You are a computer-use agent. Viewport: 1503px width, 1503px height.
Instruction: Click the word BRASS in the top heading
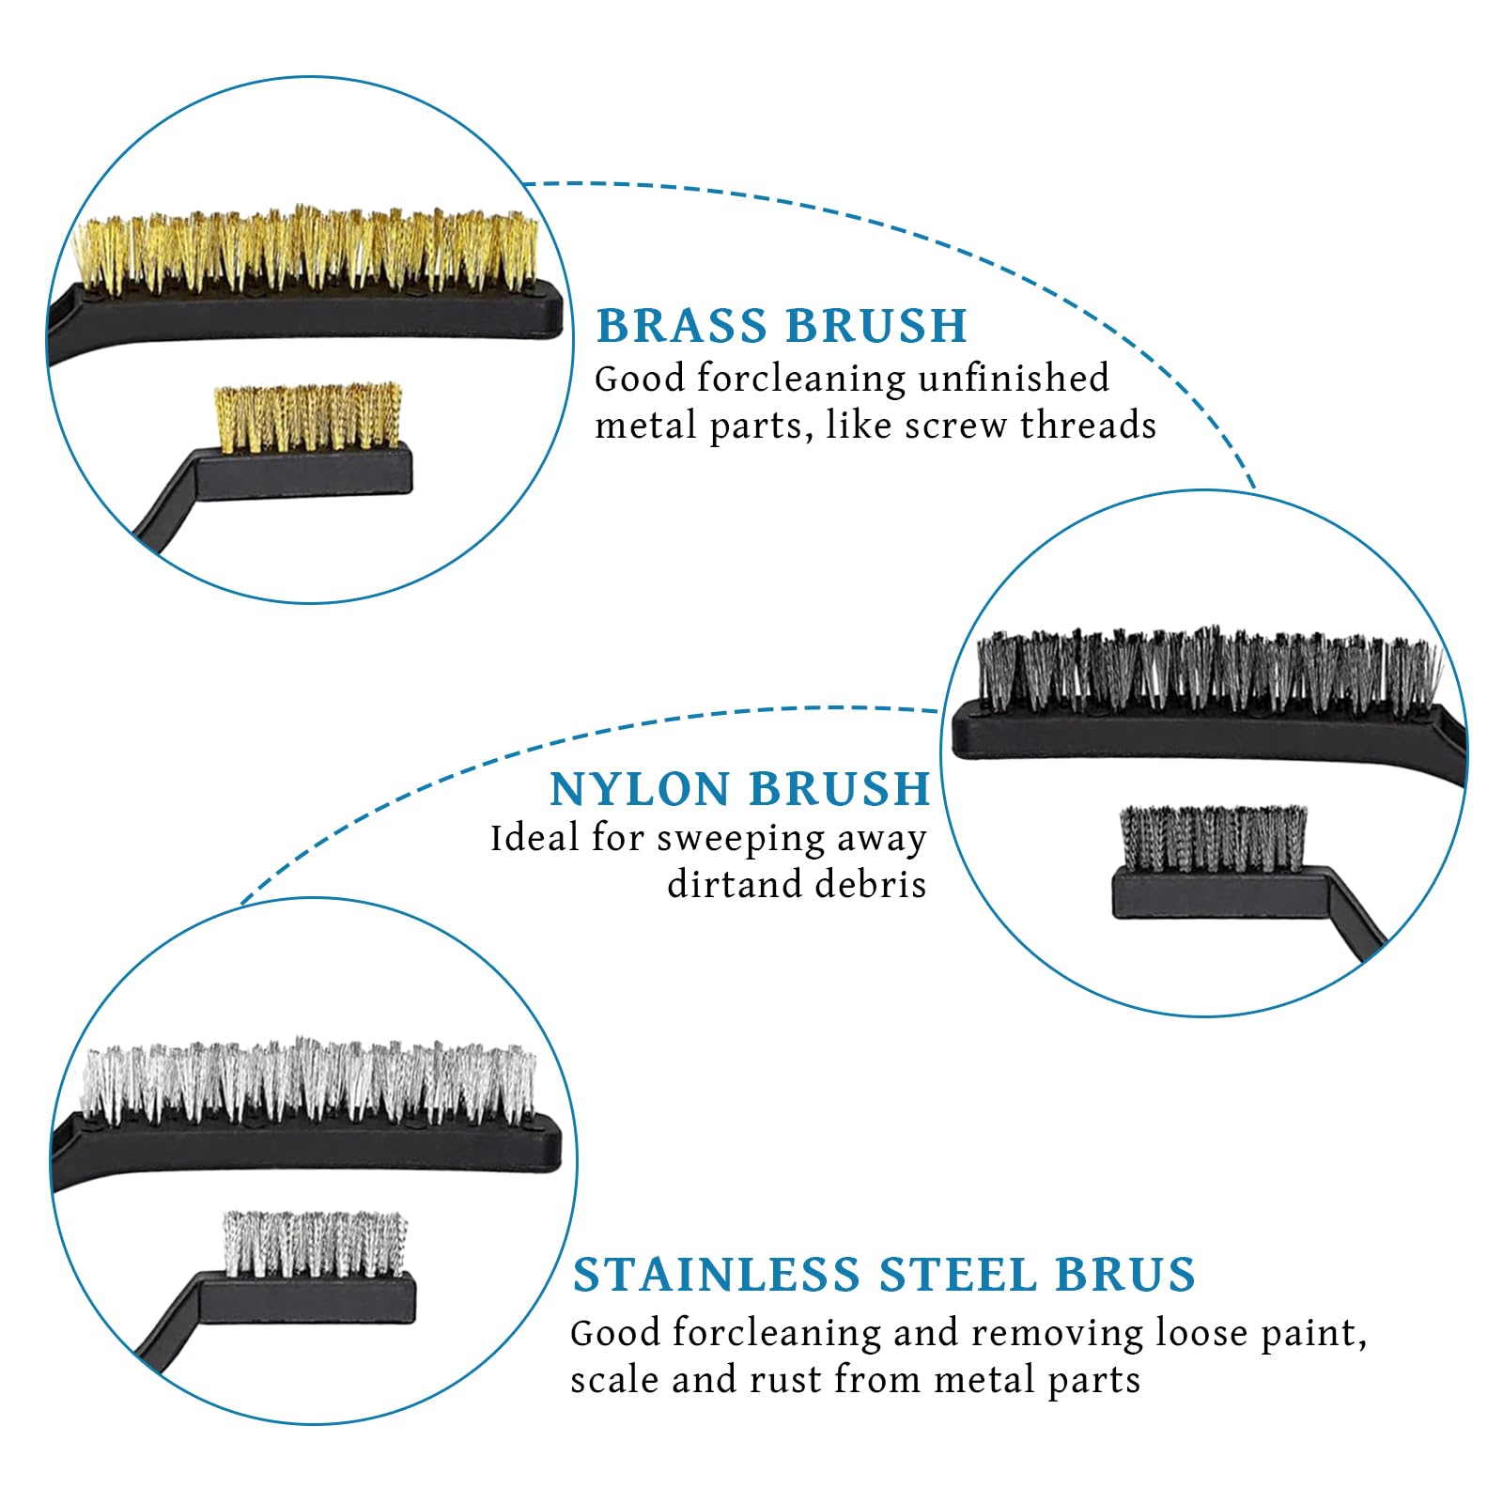tap(682, 326)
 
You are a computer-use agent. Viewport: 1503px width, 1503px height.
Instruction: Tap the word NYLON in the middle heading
tap(641, 788)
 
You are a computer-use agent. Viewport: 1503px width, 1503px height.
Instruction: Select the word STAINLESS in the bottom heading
tap(717, 1275)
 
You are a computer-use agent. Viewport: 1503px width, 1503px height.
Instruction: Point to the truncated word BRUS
tap(1125, 1275)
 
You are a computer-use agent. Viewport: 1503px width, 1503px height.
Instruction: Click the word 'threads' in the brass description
tap(1088, 426)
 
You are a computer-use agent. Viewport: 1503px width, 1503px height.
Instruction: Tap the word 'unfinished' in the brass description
tap(1014, 378)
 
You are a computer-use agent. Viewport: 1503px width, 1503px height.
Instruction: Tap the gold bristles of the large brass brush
tap(306, 249)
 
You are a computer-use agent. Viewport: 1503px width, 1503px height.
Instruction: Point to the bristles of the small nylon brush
tap(1213, 837)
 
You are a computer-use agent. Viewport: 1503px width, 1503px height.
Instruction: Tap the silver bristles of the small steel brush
tap(316, 1244)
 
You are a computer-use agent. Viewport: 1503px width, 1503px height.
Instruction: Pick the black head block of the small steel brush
tap(307, 1297)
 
